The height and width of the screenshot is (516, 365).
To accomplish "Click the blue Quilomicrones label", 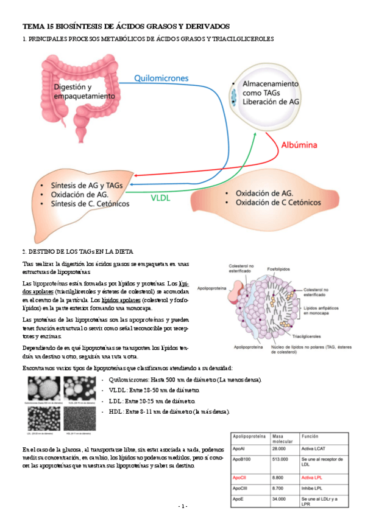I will [x=161, y=78].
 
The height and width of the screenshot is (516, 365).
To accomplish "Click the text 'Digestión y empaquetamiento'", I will [x=83, y=92].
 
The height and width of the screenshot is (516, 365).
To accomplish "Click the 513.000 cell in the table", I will [x=281, y=463].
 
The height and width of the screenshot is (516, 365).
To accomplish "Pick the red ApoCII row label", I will [x=240, y=478].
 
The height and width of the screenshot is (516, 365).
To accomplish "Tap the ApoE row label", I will [x=239, y=499].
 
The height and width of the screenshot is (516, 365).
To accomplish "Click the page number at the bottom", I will [x=182, y=506].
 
